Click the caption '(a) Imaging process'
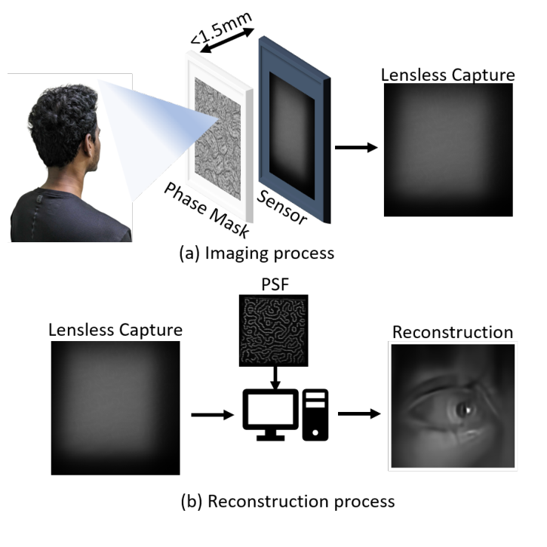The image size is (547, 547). (257, 254)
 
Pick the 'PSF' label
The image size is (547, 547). (273, 284)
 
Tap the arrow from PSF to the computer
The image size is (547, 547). (275, 378)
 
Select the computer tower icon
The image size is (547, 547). (315, 414)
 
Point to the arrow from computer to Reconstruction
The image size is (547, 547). (358, 413)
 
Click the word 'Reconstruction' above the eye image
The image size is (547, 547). (452, 333)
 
